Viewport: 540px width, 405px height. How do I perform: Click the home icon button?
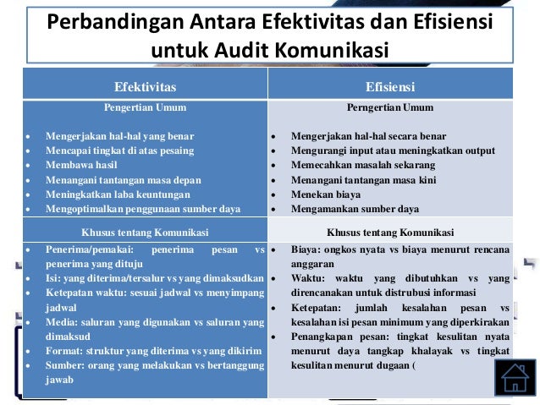click(514, 376)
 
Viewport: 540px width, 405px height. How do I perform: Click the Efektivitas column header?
click(145, 85)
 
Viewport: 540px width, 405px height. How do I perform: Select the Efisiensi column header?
click(389, 85)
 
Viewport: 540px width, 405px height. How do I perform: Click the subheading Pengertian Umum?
click(145, 107)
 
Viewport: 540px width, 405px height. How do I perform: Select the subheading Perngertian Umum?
click(389, 107)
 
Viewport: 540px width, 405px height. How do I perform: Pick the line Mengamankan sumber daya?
click(355, 208)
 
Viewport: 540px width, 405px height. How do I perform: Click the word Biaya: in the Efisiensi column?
click(306, 250)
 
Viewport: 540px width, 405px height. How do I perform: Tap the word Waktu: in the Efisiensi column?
click(309, 278)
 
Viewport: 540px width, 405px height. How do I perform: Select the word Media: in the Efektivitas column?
click(61, 322)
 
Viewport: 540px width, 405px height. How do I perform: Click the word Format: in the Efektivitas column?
click(64, 350)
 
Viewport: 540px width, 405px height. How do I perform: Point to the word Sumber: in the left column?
click(65, 365)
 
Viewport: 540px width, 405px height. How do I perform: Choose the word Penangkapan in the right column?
click(330, 337)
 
